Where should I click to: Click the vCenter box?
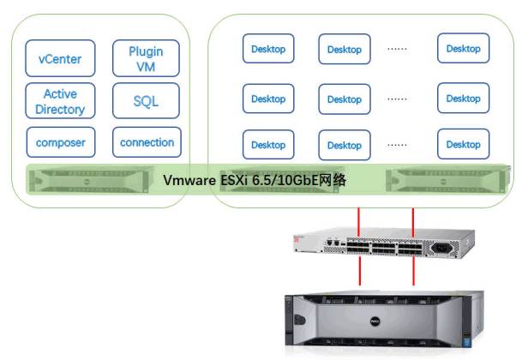[x=60, y=58]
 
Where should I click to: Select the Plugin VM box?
[x=146, y=58]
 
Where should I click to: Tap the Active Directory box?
[x=60, y=101]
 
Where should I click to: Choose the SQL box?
[x=146, y=101]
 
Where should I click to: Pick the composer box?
[x=60, y=142]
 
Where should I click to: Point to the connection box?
[x=147, y=142]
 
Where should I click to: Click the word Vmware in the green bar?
[x=191, y=181]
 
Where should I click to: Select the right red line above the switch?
[x=415, y=221]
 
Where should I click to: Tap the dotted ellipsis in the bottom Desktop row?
[x=397, y=145]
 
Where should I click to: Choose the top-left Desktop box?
[x=268, y=49]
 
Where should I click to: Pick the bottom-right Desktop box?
[x=463, y=144]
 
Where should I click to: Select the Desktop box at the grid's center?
[x=345, y=99]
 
